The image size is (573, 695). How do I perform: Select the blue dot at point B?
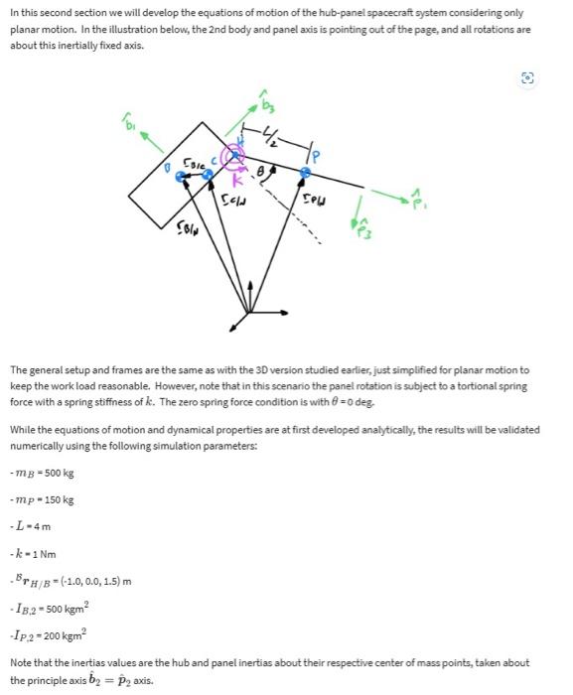[x=180, y=176]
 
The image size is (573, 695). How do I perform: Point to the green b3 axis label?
[x=267, y=102]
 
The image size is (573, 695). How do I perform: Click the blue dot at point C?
[x=208, y=174]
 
